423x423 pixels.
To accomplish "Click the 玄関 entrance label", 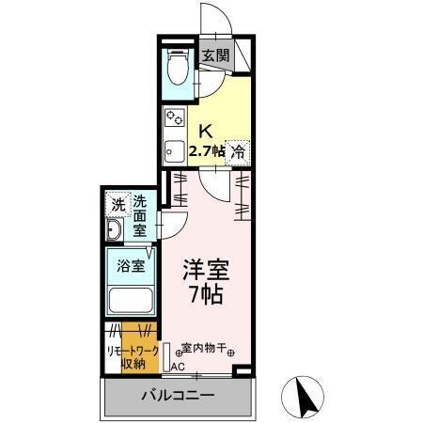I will tap(215, 55).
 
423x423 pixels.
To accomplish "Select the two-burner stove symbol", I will tap(175, 118).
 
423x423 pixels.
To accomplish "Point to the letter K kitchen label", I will tap(203, 132).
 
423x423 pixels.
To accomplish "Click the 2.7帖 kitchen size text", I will tap(207, 150).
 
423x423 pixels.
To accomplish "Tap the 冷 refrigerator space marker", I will tap(239, 150).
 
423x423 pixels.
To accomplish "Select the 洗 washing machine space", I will tap(117, 203).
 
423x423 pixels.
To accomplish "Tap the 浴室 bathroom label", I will tap(130, 265).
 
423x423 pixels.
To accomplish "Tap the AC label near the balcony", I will tap(178, 368).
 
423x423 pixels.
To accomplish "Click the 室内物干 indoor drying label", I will tap(204, 349).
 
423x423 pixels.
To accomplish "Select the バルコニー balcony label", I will tap(179, 396).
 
